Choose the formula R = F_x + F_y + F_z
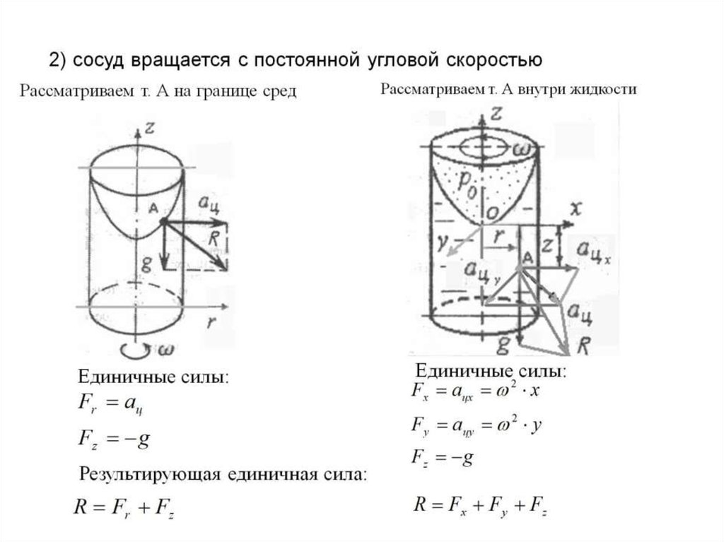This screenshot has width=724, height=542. (x=480, y=505)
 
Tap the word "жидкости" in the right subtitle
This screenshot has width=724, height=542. (x=609, y=89)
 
